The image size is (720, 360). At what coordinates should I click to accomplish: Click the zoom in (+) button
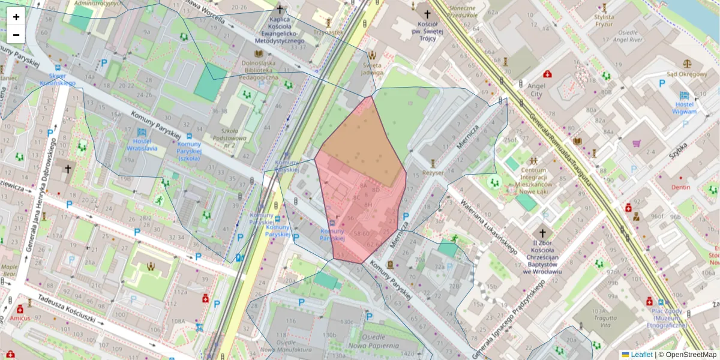[16, 17]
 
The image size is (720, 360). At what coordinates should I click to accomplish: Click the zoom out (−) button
[16, 35]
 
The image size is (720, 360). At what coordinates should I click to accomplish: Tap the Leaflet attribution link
[641, 355]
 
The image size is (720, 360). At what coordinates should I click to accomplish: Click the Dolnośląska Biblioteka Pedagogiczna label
[259, 69]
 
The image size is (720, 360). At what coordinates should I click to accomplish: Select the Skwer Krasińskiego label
[58, 79]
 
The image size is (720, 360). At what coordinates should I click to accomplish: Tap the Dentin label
[680, 187]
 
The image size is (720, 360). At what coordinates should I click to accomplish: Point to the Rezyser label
[433, 172]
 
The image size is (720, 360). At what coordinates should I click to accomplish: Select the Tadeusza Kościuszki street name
[66, 308]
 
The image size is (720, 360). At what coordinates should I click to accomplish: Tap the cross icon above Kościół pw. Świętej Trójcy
[427, 14]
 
